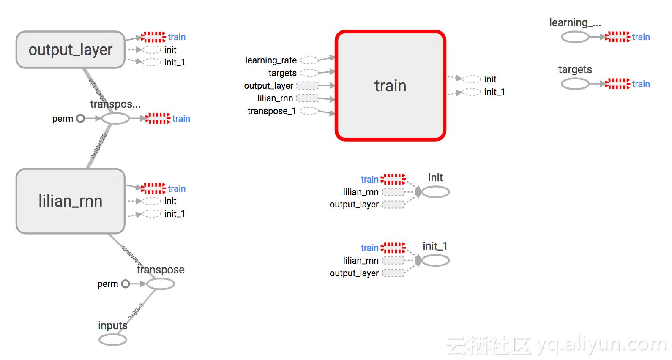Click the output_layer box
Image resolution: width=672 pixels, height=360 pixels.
(x=70, y=50)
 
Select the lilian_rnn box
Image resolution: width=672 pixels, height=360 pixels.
(x=70, y=201)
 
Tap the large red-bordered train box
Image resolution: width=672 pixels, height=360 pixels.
(x=390, y=86)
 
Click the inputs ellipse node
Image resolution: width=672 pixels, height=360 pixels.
(x=113, y=339)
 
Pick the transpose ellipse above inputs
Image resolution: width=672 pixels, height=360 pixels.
(x=161, y=284)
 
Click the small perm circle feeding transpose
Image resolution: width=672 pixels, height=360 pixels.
(x=126, y=284)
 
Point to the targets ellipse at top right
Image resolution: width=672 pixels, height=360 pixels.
(x=575, y=84)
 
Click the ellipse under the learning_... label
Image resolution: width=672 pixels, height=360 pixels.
(x=575, y=37)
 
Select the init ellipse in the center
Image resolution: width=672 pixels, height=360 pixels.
(x=435, y=192)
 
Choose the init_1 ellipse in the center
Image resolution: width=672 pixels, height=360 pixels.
(x=435, y=261)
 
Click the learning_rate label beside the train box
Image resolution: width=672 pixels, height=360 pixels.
(x=271, y=60)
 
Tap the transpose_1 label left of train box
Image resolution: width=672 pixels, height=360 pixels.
(x=272, y=111)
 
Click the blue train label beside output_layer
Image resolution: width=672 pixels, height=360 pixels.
(x=177, y=37)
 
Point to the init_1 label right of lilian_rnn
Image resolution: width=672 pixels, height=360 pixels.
(x=175, y=214)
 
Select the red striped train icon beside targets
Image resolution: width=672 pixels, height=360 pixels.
(x=617, y=84)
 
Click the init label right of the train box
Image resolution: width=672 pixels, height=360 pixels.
(x=490, y=79)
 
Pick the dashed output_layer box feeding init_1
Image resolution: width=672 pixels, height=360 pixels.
(x=393, y=273)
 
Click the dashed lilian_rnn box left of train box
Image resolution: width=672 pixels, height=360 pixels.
(x=308, y=98)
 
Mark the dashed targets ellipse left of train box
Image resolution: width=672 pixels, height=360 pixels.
(x=309, y=73)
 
